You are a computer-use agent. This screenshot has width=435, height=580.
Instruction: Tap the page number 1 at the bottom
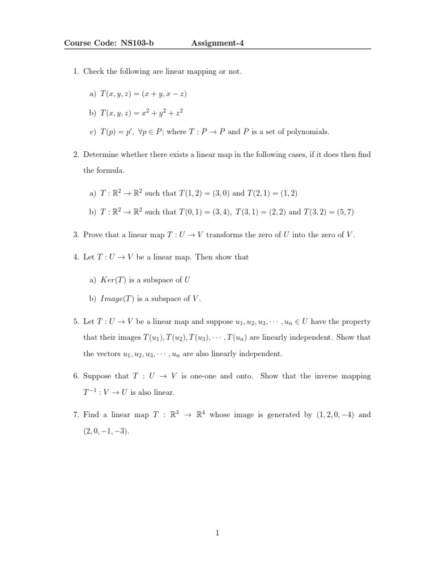tap(217, 532)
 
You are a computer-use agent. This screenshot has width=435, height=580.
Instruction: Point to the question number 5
tap(76, 322)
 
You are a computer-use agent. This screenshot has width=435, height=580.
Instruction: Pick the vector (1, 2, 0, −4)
tap(335, 415)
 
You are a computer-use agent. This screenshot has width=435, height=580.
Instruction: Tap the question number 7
tap(76, 415)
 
